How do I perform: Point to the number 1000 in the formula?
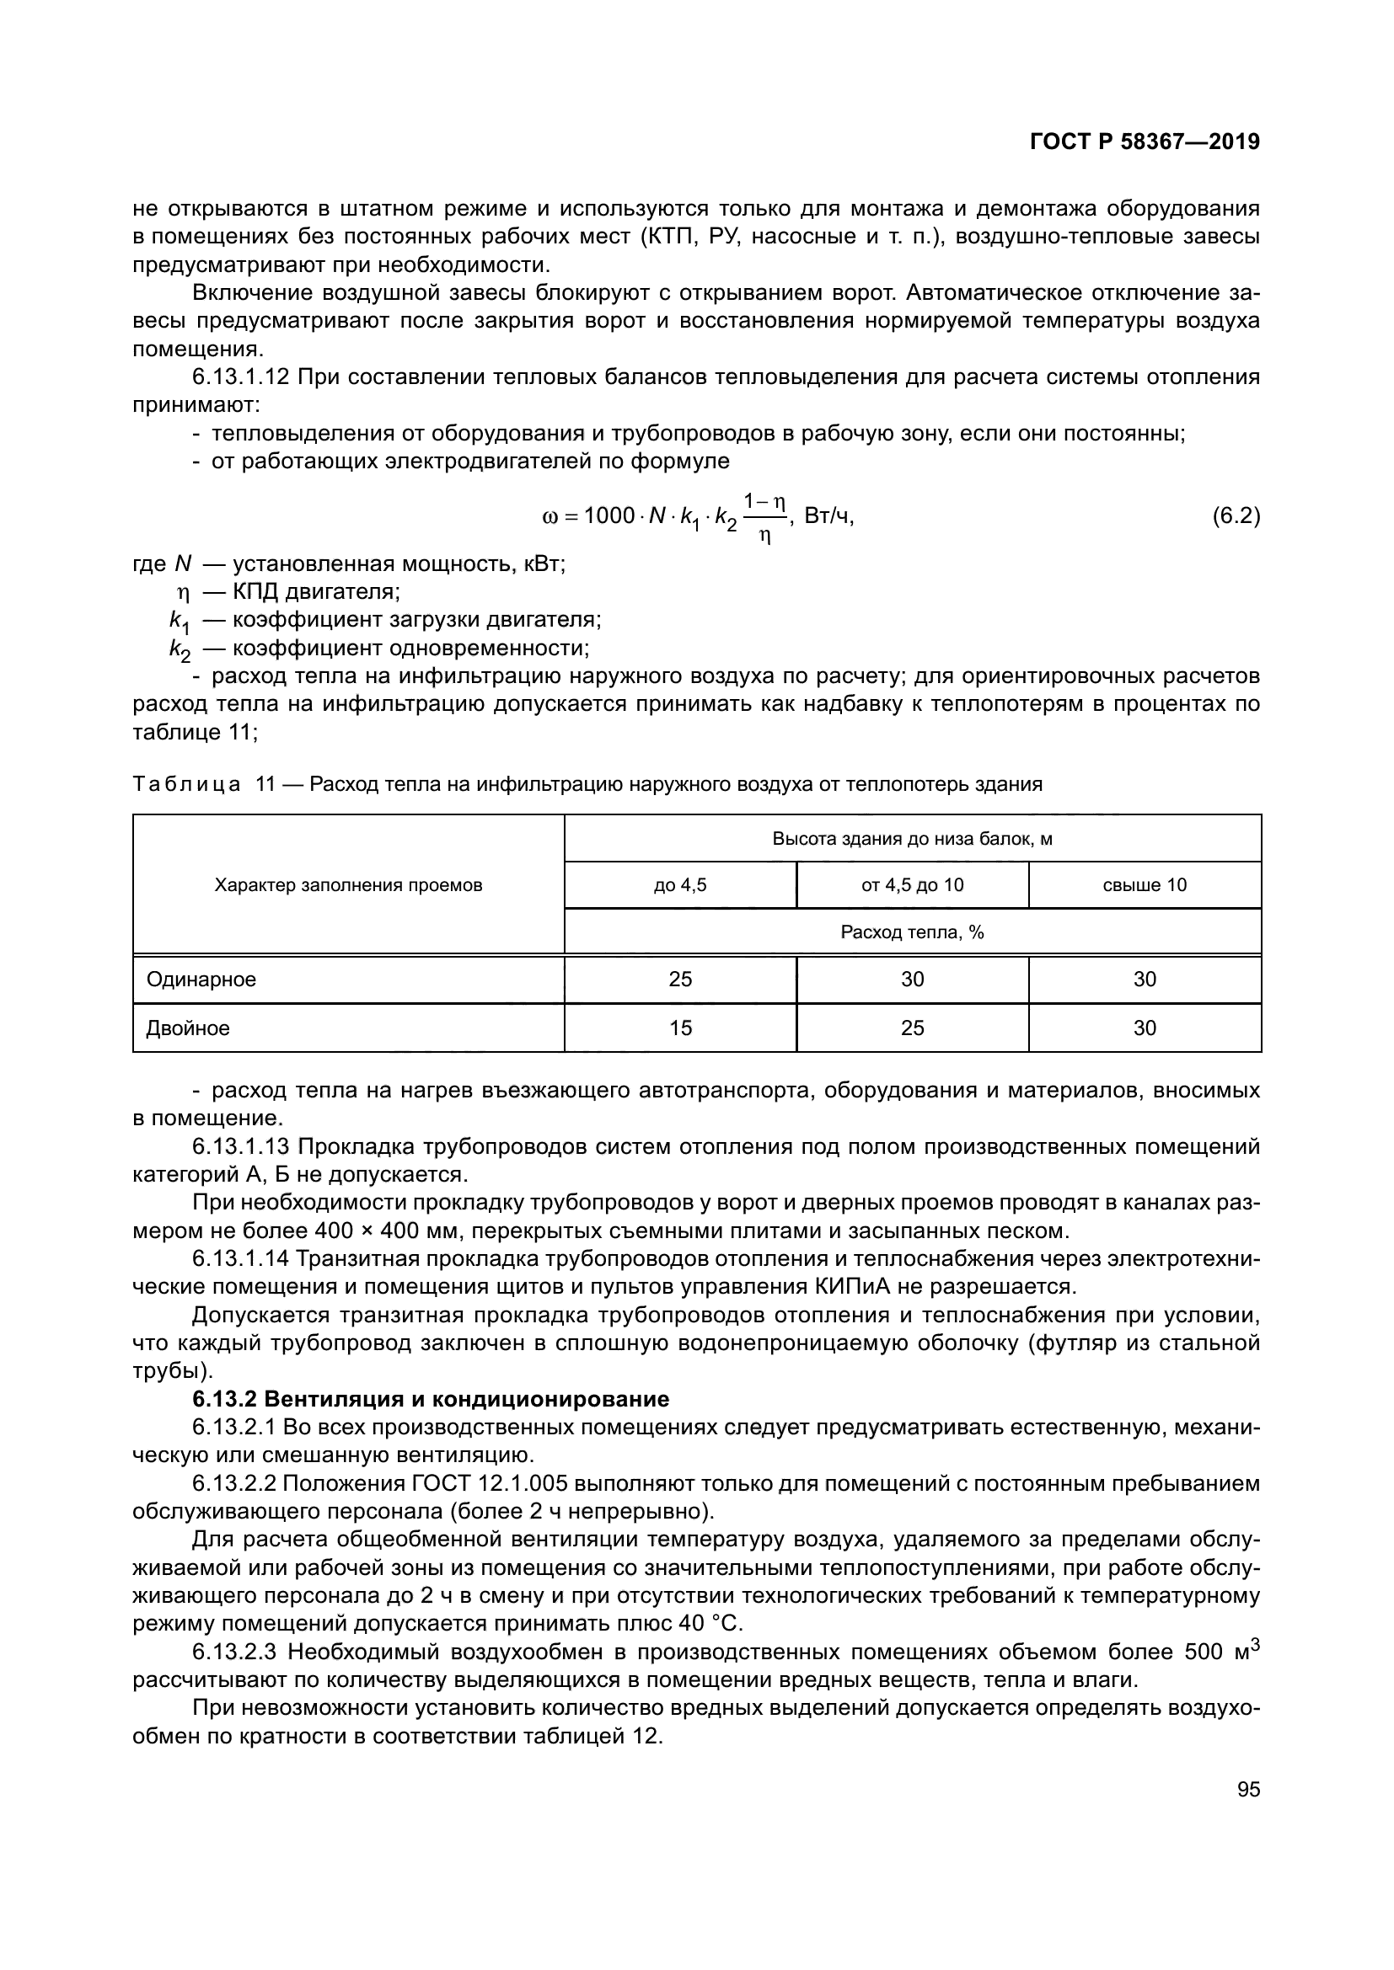(609, 516)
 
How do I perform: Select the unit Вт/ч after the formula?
(828, 515)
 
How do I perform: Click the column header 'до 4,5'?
(680, 884)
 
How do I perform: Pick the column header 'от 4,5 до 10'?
(912, 884)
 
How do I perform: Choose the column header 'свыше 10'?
(1145, 884)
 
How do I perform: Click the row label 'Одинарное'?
(201, 979)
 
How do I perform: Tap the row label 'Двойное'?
(188, 1028)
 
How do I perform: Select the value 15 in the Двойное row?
(680, 1028)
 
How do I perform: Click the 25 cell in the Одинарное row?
(680, 979)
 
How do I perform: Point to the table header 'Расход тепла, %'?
(912, 932)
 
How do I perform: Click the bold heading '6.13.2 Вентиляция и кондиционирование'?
(430, 1400)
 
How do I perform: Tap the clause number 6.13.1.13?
(241, 1147)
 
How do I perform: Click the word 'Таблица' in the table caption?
(186, 784)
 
